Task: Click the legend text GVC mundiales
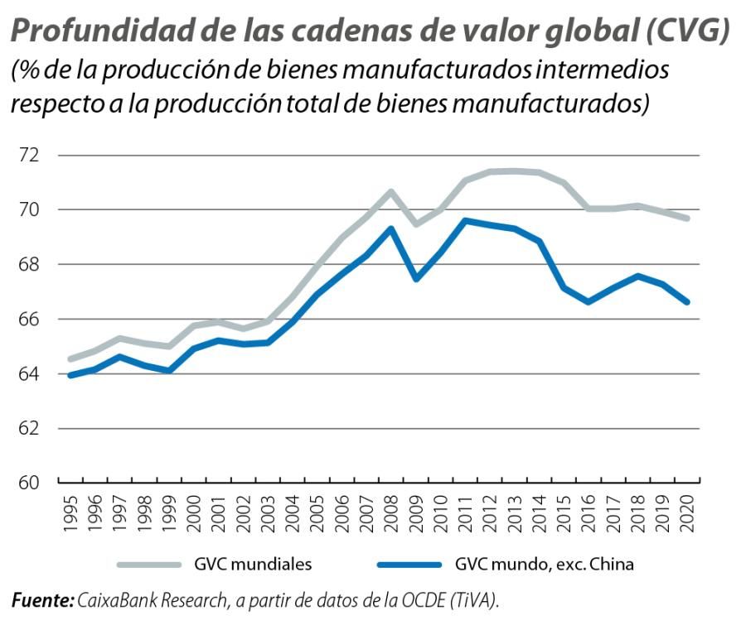coord(252,565)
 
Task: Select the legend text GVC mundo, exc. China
coord(544,565)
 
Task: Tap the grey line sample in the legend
coord(148,565)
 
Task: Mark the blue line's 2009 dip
coord(415,278)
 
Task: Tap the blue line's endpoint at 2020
coord(687,302)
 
